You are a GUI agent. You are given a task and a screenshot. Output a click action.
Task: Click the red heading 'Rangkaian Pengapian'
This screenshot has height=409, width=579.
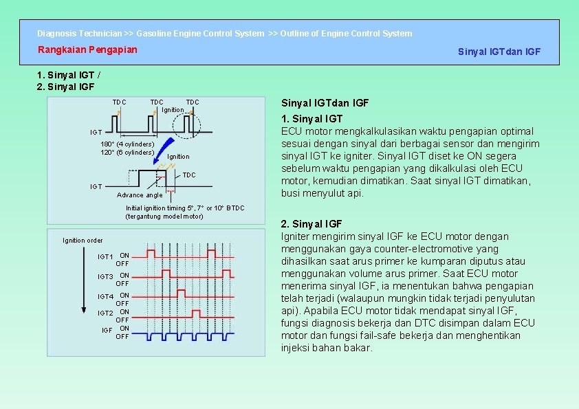(x=87, y=49)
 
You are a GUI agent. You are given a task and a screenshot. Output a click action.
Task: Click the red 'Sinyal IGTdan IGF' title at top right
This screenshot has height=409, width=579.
(x=499, y=52)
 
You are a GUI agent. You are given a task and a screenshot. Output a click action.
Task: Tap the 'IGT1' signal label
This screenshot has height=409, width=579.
(x=105, y=257)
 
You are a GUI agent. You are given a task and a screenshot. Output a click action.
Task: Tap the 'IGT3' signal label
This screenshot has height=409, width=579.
(x=105, y=277)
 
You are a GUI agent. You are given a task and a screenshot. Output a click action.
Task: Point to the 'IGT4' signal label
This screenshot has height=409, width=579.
(x=105, y=297)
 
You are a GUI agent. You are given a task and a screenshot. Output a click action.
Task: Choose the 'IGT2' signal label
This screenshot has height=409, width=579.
(x=105, y=313)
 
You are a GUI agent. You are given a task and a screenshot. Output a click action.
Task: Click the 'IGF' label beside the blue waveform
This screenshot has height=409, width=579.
(x=107, y=331)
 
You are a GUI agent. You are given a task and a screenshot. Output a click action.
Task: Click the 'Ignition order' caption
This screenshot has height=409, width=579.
(x=83, y=241)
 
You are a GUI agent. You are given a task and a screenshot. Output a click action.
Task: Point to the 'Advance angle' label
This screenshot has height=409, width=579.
(x=140, y=195)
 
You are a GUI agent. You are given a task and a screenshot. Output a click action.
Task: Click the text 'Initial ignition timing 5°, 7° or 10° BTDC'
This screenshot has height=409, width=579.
(x=184, y=208)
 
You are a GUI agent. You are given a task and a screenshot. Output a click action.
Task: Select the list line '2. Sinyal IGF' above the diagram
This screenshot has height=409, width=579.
(x=65, y=87)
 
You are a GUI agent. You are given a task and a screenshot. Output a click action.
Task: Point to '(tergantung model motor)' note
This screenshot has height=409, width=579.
(x=164, y=217)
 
